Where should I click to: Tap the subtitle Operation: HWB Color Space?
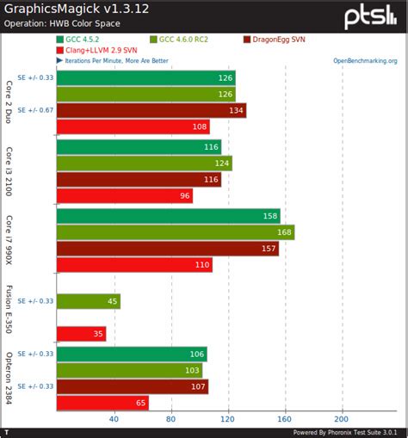65,23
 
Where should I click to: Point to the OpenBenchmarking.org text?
365,61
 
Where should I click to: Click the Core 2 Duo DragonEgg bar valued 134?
151,110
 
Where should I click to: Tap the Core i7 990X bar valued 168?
175,231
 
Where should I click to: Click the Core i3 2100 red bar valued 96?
124,195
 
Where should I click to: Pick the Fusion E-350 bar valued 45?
88,301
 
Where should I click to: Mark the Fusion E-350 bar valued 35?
81,334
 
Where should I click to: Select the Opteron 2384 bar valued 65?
102,403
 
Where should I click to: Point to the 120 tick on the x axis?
227,419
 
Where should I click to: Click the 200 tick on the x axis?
342,419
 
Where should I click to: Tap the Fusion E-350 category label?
9,310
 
